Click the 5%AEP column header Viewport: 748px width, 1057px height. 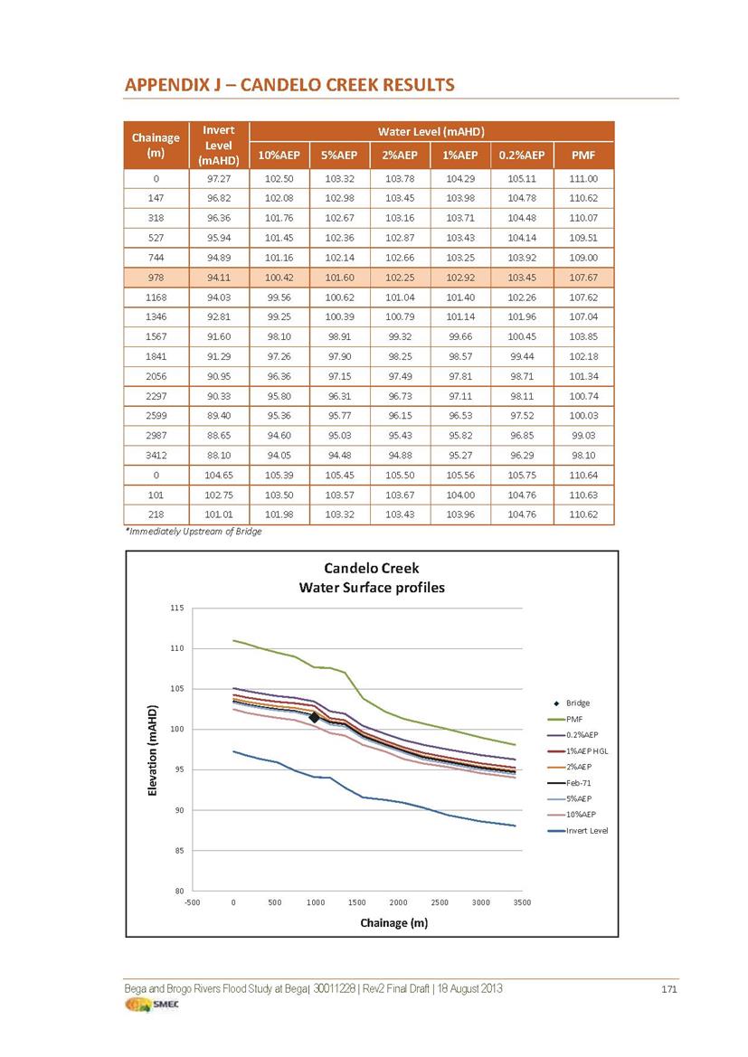click(338, 155)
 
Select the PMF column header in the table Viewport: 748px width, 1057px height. click(583, 155)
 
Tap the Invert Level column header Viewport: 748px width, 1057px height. click(219, 145)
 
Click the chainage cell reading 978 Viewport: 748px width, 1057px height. click(156, 277)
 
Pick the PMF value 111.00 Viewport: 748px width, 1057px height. click(583, 179)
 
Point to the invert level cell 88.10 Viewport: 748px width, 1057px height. click(219, 455)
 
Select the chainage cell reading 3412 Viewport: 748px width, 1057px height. click(156, 455)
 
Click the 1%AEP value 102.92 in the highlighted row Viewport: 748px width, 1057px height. click(460, 277)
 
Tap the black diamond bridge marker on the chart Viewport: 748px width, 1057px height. click(315, 717)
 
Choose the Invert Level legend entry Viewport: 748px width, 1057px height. click(577, 830)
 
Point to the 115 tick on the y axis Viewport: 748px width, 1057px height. click(176, 608)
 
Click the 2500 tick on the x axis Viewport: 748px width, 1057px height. click(440, 902)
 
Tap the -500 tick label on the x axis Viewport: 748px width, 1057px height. click(193, 902)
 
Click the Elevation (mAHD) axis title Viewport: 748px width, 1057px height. click(153, 750)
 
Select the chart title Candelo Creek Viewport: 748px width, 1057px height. click(372, 568)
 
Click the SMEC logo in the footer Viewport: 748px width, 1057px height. click(152, 1005)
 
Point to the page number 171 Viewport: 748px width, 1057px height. click(668, 989)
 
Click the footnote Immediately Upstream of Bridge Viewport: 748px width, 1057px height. click(194, 531)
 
